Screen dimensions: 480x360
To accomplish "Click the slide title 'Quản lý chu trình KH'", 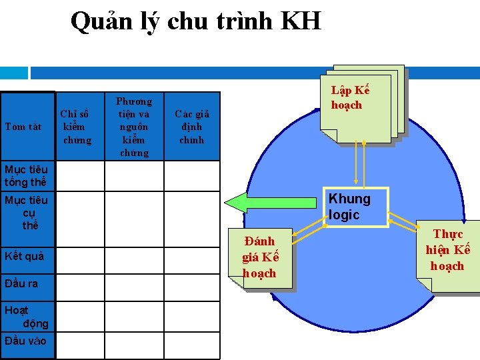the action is [195, 22].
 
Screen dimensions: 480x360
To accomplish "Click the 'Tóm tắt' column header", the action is [23, 127].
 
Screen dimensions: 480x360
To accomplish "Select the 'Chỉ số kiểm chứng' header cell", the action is [75, 127].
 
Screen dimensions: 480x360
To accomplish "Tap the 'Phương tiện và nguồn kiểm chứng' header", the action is [134, 127].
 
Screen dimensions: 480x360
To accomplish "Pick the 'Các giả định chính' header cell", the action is [191, 127].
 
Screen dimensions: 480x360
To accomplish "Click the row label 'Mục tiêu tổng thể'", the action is [26, 176].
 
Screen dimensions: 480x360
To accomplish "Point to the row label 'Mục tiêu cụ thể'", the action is [27, 212].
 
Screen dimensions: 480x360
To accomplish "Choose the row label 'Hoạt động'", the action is [27, 317].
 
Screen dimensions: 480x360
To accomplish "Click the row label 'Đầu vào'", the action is [25, 341].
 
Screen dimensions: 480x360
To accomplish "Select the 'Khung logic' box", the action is [357, 207].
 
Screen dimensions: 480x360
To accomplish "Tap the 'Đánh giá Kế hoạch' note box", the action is [261, 257].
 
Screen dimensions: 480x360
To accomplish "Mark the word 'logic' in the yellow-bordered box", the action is [344, 215].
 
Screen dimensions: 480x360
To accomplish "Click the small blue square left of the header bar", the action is [14, 72].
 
